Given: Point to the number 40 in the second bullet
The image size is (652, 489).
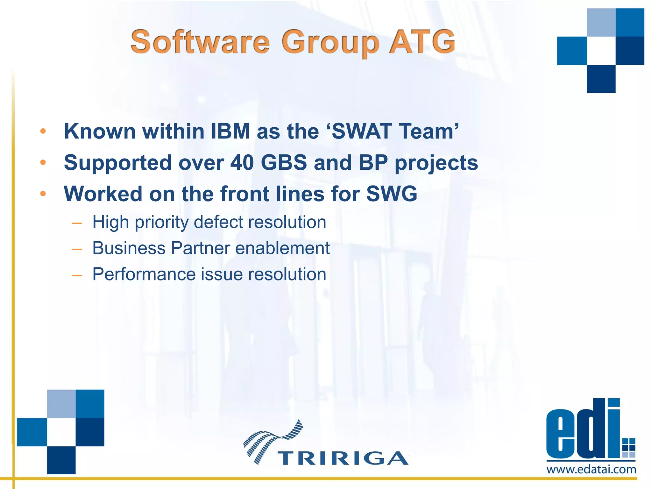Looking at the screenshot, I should click(242, 163).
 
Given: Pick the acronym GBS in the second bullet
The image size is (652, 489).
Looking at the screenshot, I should click(284, 163).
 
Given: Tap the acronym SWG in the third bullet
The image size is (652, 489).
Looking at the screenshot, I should click(392, 194).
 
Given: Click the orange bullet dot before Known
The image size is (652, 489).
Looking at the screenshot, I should click(43, 131).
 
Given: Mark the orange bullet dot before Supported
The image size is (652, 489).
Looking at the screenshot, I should click(43, 163).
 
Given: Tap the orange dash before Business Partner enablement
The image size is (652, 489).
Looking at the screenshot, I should click(77, 249).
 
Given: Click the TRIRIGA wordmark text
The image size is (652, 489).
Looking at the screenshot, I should click(343, 458).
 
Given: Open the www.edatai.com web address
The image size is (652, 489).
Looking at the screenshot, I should click(591, 469).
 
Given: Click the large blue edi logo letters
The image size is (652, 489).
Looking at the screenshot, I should click(583, 430).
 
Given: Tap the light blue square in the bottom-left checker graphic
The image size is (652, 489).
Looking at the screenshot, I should click(61, 403).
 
